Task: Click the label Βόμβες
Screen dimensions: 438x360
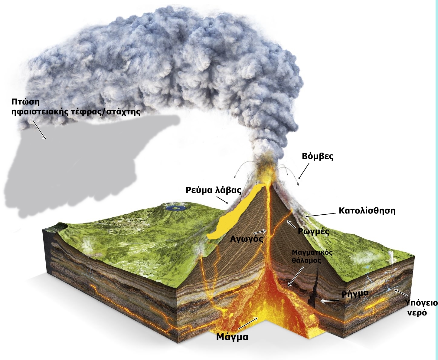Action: click(x=318, y=157)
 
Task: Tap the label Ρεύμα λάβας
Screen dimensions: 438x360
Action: click(x=214, y=190)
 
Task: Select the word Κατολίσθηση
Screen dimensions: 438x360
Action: click(x=367, y=210)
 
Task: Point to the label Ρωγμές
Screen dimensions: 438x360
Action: click(x=314, y=232)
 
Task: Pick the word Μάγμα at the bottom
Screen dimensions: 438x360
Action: click(x=232, y=336)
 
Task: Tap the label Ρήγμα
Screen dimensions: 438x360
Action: click(x=355, y=293)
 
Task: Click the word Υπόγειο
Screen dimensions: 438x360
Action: click(x=422, y=303)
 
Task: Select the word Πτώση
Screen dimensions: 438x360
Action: click(x=25, y=102)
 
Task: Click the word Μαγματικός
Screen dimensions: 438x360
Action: click(x=312, y=253)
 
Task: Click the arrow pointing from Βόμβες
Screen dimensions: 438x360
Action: click(x=304, y=171)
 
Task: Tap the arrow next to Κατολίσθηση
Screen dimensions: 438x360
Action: click(x=320, y=215)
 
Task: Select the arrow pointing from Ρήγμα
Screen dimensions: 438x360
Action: click(x=330, y=301)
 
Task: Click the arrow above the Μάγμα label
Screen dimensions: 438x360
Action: click(x=248, y=323)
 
